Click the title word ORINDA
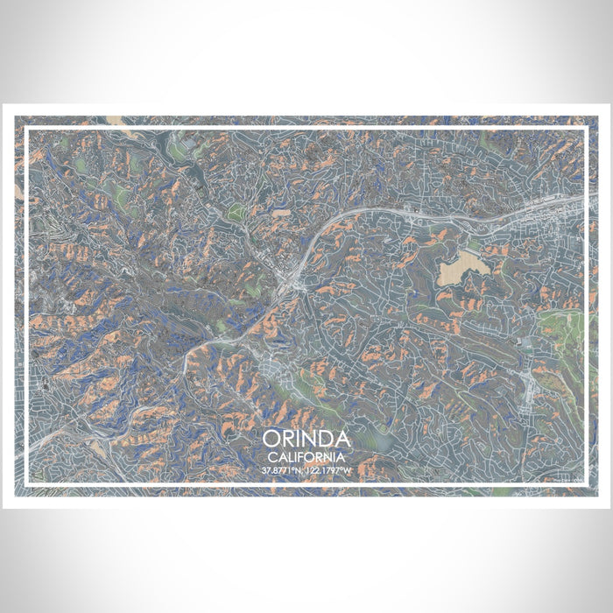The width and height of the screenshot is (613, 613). [x=306, y=439]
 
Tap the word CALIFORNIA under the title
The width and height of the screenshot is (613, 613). [x=306, y=456]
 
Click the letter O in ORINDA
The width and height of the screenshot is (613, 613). [x=271, y=439]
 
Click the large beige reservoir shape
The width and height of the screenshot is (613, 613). [x=463, y=262]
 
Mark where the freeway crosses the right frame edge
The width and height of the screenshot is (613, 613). [x=584, y=198]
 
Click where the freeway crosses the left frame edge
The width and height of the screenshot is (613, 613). [x=27, y=448]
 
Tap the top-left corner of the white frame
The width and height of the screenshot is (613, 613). [x=27, y=129]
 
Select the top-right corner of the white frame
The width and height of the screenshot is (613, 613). [x=585, y=129]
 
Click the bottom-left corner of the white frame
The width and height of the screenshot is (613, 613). [x=27, y=484]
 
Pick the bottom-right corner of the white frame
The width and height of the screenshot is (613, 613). [x=585, y=484]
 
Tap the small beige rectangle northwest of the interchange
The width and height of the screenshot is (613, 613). [x=280, y=212]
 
